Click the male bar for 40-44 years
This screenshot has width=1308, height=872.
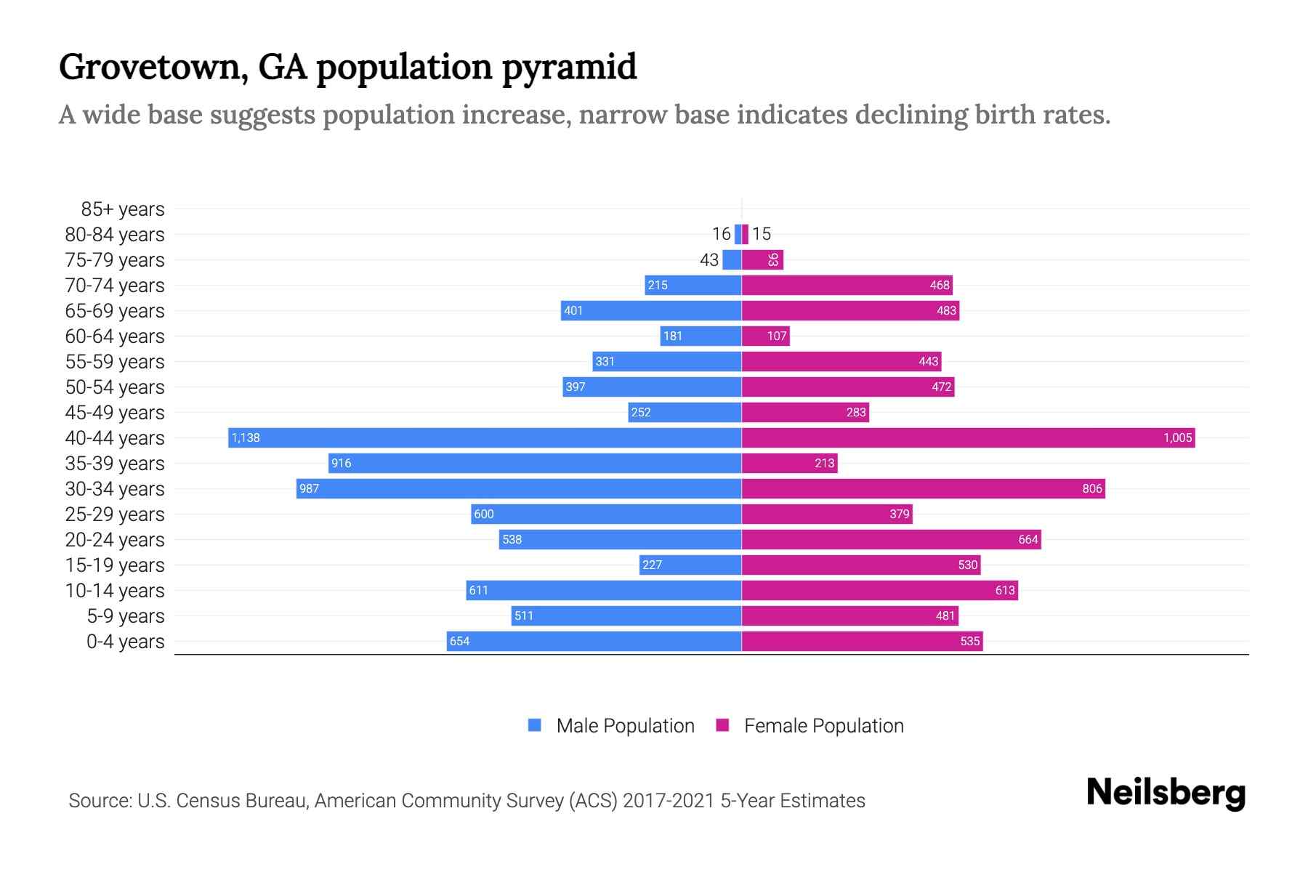pos(485,437)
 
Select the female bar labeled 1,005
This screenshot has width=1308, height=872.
pos(968,437)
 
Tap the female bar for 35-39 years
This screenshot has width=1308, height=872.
pos(789,463)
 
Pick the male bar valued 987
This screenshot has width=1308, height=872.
pos(519,488)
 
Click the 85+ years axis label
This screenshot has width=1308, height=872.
pos(122,209)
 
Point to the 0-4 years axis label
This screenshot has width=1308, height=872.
pos(125,642)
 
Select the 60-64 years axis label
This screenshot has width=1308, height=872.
pos(115,336)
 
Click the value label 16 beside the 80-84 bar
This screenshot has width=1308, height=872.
pos(721,234)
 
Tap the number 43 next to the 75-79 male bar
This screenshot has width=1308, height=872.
pos(709,259)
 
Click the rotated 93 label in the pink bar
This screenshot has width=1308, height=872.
pos(773,259)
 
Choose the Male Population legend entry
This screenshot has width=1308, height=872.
pos(625,726)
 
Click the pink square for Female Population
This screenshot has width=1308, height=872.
pos(722,725)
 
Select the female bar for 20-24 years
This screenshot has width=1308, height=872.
pos(891,539)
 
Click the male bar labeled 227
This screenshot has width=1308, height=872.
pos(690,565)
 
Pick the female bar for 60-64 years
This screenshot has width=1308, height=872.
pos(765,336)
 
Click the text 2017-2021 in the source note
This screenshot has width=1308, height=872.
pos(669,801)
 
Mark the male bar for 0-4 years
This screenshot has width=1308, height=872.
pos(594,641)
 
